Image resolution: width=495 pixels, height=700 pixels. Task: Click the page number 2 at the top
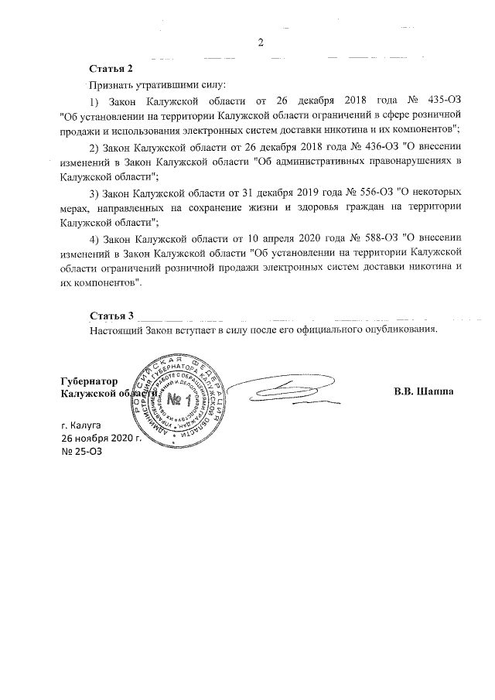(x=261, y=43)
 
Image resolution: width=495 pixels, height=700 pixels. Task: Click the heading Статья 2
(x=111, y=69)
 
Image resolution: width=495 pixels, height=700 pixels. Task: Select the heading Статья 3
(x=111, y=316)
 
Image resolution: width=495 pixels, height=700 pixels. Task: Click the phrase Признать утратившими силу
(x=157, y=84)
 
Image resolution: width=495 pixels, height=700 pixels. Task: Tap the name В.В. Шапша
(x=423, y=391)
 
